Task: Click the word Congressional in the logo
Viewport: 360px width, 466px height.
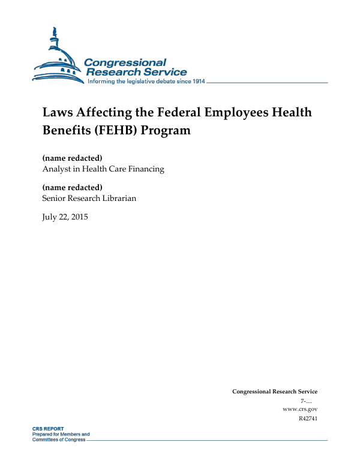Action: (125, 62)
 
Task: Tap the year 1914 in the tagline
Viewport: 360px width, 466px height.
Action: (197, 81)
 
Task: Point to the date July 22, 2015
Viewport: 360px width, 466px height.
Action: (65, 217)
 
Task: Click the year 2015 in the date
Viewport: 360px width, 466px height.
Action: (79, 217)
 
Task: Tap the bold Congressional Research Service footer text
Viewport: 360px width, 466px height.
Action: (274, 392)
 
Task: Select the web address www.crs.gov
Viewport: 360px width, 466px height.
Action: (299, 409)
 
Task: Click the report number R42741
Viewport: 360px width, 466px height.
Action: (307, 418)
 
